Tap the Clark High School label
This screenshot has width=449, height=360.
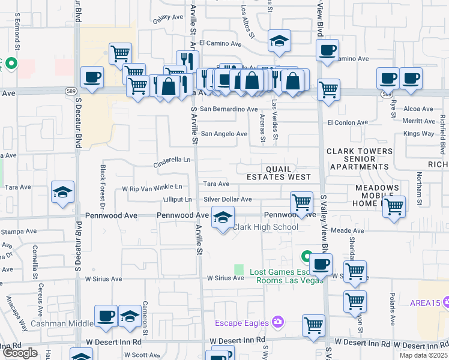[265, 227]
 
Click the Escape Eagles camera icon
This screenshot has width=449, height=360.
[277, 322]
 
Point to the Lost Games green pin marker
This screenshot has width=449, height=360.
[306, 257]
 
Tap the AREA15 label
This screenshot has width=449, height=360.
[427, 303]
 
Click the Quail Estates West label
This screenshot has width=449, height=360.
[279, 173]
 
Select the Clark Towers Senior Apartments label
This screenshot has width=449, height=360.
[360, 159]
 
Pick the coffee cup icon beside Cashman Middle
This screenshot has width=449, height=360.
[106, 316]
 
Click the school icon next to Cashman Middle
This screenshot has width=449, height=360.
[130, 316]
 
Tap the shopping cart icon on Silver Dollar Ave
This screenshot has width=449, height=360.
[301, 202]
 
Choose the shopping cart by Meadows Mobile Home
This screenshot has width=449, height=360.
[393, 206]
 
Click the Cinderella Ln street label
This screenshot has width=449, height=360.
[172, 160]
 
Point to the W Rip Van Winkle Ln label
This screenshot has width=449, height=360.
[152, 187]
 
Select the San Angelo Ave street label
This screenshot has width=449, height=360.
[223, 134]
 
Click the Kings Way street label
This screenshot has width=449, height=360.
[418, 133]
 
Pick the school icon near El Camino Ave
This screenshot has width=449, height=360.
[279, 41]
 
